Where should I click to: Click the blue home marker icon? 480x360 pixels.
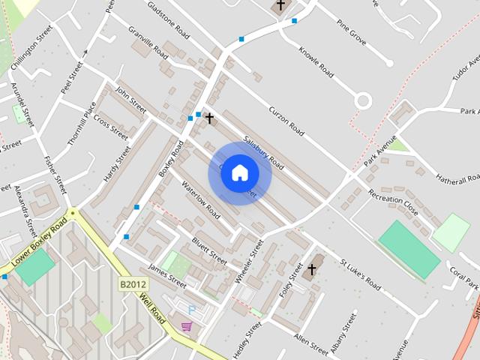pyautogui.click(x=239, y=173)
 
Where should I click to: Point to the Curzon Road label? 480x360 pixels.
pyautogui.click(x=286, y=120)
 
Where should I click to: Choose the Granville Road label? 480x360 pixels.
pyautogui.click(x=148, y=43)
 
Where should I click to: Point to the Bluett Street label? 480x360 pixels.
pyautogui.click(x=208, y=250)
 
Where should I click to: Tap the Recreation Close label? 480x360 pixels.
pyautogui.click(x=392, y=199)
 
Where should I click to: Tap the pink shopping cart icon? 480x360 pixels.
pyautogui.click(x=186, y=326)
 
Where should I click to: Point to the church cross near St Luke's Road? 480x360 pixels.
pyautogui.click(x=311, y=268)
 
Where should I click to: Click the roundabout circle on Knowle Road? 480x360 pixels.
pyautogui.click(x=364, y=100)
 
